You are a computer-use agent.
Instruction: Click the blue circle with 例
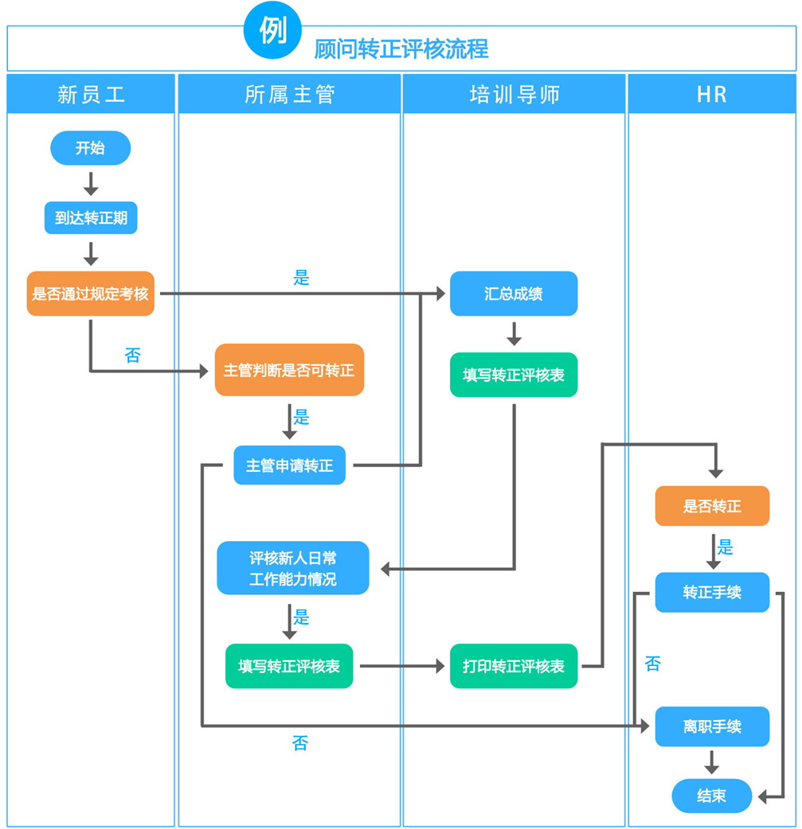[273, 30]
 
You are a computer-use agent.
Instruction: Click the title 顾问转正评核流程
[401, 49]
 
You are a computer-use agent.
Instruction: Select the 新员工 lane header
[91, 95]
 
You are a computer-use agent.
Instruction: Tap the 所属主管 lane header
[289, 95]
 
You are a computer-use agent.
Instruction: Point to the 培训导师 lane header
[514, 95]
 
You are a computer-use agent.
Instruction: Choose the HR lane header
[711, 95]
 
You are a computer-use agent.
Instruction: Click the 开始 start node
[90, 148]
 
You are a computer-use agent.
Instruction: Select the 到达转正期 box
[90, 217]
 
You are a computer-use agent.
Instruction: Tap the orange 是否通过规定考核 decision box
[90, 294]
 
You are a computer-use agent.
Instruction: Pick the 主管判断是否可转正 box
[289, 370]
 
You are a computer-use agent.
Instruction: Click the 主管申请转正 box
[289, 465]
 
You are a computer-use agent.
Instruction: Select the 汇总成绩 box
[514, 294]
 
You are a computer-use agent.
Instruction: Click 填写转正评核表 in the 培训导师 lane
[514, 375]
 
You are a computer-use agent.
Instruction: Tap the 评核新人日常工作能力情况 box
[292, 568]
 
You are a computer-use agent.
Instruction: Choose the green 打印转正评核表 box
[514, 666]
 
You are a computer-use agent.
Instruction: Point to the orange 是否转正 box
[712, 506]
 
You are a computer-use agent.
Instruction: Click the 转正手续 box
[712, 593]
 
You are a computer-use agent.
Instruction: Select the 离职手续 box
[712, 726]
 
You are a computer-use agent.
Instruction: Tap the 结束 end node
[711, 796]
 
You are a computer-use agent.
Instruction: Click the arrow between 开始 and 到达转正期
[90, 183]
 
